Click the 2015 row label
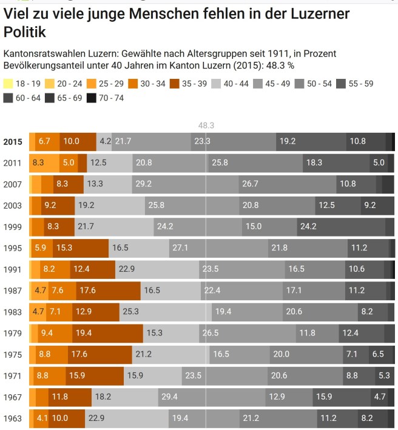click(13, 142)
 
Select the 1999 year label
click(13, 226)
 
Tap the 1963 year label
click(13, 418)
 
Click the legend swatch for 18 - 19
click(8, 84)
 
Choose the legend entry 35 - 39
click(190, 84)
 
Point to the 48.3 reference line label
click(206, 126)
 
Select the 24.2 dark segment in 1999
click(341, 226)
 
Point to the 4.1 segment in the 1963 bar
click(41, 418)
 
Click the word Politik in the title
click(25, 32)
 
